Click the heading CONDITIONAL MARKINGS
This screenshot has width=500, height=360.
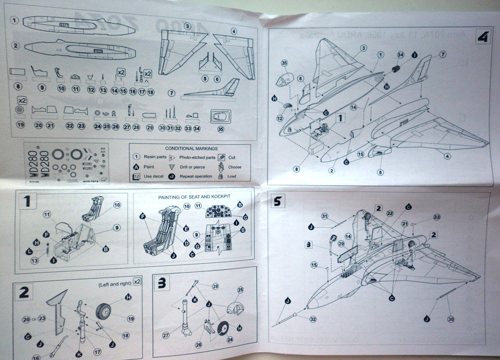(x=191, y=148)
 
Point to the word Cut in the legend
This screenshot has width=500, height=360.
(x=232, y=157)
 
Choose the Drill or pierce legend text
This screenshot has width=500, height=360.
(x=192, y=167)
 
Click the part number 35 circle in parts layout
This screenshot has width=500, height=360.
(x=221, y=129)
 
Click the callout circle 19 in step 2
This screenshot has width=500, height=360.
(x=130, y=318)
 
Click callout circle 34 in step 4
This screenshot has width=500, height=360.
(x=400, y=55)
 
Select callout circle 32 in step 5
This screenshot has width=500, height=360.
(x=312, y=319)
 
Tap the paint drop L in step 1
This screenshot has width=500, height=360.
(x=29, y=251)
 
